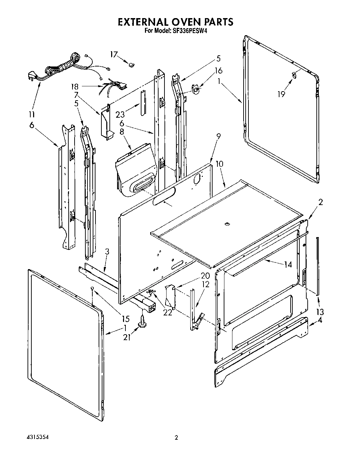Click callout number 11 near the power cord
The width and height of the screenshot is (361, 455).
tap(32, 114)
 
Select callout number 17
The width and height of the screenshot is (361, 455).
tap(114, 54)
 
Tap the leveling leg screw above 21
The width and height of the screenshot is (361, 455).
tap(143, 321)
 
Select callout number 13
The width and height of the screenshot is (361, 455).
tap(320, 312)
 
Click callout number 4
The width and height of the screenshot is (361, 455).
tap(320, 321)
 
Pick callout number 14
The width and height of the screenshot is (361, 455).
tap(288, 265)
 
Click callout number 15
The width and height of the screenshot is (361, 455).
tap(125, 319)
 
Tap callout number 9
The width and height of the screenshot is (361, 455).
tap(218, 136)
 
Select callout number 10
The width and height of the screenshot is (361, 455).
tap(220, 164)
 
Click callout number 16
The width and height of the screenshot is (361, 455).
tap(218, 71)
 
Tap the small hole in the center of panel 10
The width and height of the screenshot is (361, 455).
tap(227, 223)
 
